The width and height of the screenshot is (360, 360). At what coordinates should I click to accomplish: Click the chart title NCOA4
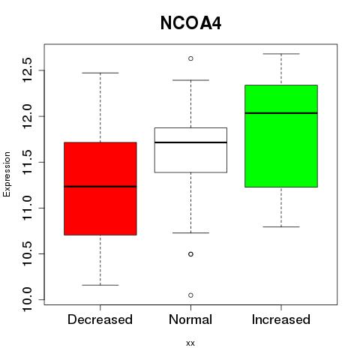[190, 23]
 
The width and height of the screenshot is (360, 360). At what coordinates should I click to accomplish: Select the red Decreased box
[100, 189]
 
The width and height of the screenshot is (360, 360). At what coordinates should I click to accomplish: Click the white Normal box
[190, 150]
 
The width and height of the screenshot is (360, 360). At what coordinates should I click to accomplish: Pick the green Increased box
[281, 136]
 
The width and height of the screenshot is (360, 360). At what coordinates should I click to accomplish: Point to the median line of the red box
[100, 187]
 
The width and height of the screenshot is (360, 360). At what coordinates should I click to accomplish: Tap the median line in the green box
[281, 113]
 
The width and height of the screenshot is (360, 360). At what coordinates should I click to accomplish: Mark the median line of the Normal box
[190, 142]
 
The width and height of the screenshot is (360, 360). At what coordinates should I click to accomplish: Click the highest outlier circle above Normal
[190, 58]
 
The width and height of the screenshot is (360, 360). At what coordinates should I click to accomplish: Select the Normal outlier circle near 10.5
[190, 254]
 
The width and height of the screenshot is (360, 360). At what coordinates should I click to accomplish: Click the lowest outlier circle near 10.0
[190, 295]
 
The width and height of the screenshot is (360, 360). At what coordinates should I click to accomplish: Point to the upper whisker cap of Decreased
[100, 73]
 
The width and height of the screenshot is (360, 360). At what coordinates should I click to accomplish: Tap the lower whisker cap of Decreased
[100, 285]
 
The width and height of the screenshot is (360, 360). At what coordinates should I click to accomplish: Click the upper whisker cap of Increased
[281, 54]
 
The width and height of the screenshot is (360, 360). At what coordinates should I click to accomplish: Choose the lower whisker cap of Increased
[281, 226]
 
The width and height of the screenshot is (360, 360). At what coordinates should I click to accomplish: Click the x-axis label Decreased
[100, 319]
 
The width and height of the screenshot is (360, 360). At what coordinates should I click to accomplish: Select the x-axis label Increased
[281, 319]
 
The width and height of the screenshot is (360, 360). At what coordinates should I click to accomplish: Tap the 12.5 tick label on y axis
[28, 70]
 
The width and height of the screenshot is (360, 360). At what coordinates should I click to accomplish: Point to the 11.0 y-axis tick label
[28, 208]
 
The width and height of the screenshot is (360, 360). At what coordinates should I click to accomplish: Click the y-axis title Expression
[7, 174]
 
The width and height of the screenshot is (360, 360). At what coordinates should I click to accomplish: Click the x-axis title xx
[190, 343]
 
